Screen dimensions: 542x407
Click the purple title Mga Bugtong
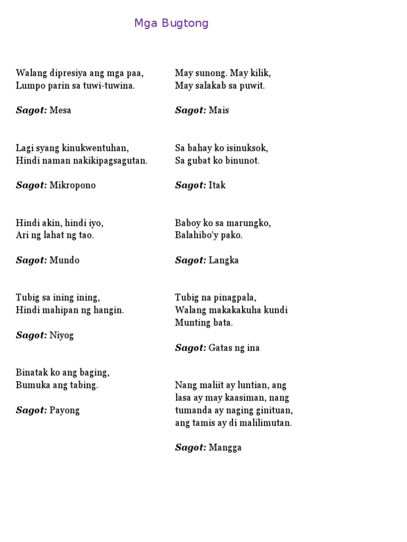[171, 23]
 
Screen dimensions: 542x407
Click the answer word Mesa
[60, 111]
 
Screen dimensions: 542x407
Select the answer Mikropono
[73, 186]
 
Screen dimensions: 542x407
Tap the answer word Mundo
[64, 260]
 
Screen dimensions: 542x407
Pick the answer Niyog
[61, 336]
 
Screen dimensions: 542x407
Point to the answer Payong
[64, 410]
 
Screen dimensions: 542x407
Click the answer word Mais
[219, 111]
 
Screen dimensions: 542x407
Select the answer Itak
[217, 186]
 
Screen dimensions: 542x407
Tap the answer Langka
[224, 260]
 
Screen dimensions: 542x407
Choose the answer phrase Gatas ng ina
[234, 348]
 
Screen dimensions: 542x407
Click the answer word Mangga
[225, 448]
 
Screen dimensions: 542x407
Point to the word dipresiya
[70, 73]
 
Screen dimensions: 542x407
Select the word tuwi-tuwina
[109, 86]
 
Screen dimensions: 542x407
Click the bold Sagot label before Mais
[190, 111]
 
